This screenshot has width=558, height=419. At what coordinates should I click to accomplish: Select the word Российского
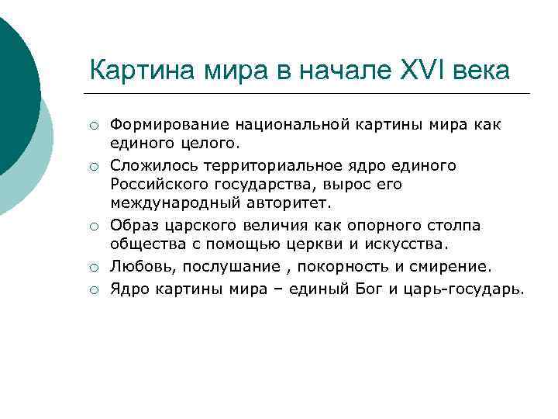click(155, 185)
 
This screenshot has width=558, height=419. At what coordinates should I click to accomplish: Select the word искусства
click(410, 245)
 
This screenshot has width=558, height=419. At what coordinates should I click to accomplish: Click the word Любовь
click(136, 266)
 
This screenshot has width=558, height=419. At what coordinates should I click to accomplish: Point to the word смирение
click(452, 266)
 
